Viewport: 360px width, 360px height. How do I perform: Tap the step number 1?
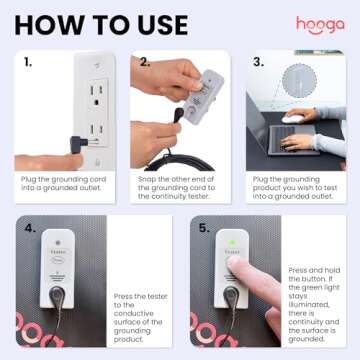pyautogui.click(x=27, y=63)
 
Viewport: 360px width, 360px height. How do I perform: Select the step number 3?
pyautogui.click(x=259, y=63)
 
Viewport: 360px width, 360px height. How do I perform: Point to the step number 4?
pyautogui.click(x=29, y=229)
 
